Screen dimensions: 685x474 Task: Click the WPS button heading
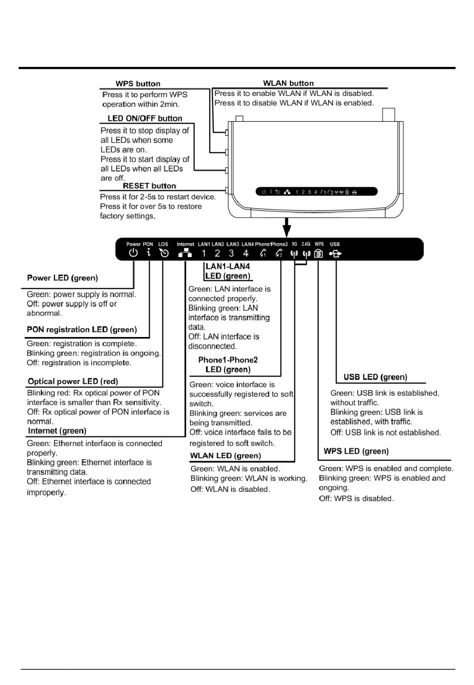coord(138,84)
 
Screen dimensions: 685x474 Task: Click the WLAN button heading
coord(288,83)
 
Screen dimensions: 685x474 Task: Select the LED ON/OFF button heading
coord(145,118)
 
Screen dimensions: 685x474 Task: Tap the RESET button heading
coord(149,186)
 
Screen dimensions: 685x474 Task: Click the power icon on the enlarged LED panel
coord(133,253)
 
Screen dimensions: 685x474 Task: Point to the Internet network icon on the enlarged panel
coord(185,253)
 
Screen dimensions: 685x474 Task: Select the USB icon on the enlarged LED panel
coord(335,254)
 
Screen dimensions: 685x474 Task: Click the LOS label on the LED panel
coord(163,245)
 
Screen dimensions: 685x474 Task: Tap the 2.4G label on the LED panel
coord(306,244)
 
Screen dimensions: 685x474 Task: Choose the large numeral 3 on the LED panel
coord(231,254)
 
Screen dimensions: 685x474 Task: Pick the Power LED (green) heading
coord(62,278)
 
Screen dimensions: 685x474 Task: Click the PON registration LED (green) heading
coord(82,330)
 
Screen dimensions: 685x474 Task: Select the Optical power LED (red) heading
coord(73,381)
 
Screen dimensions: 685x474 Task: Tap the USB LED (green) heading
coord(375,377)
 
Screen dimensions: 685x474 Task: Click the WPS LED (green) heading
coord(356,451)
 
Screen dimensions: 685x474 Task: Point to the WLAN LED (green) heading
coord(226,456)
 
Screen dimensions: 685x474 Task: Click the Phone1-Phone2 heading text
coord(228,360)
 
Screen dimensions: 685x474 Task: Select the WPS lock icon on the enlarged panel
coord(319,254)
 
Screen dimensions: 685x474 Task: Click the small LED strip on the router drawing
coord(316,192)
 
